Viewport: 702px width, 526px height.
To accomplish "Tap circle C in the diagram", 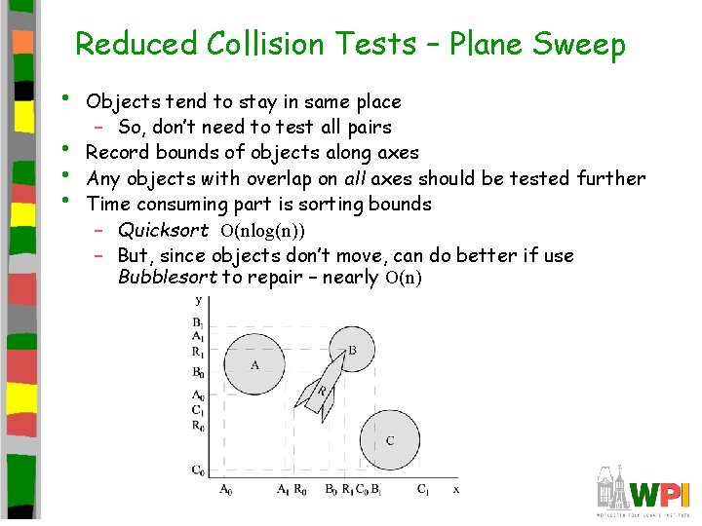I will point(390,439).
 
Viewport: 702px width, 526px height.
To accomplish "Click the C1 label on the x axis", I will point(423,490).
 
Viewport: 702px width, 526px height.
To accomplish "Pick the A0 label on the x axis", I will point(225,490).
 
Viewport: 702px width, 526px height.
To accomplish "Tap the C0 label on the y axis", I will point(198,471).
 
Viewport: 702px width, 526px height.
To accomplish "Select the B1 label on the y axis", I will point(198,323).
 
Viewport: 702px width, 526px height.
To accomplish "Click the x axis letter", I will point(455,489).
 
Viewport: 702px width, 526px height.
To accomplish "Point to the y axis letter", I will point(199,301).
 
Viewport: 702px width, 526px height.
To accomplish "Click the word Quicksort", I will point(163,231).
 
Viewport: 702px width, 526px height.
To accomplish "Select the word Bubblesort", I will point(168,278).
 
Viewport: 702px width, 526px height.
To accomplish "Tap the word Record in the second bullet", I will point(118,153).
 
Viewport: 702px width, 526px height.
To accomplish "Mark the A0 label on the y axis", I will point(198,395).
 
